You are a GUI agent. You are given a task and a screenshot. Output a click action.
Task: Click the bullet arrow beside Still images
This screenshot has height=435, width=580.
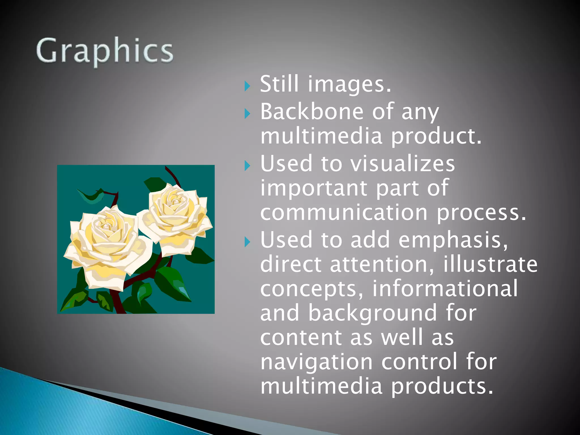(x=247, y=86)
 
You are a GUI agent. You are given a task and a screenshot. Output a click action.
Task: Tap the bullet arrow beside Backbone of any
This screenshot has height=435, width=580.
(x=247, y=114)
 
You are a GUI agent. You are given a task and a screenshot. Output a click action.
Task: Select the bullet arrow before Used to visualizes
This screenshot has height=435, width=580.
(x=247, y=166)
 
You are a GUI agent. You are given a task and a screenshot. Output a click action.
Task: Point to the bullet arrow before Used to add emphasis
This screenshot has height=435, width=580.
(x=247, y=242)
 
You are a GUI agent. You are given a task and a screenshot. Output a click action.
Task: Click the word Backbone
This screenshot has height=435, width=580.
(x=312, y=112)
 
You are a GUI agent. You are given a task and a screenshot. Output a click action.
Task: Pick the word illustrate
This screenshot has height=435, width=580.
(x=490, y=264)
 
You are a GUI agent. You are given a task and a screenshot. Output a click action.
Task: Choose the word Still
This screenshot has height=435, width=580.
(x=279, y=84)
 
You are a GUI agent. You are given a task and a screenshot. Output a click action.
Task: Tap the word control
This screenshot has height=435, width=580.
(x=419, y=362)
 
